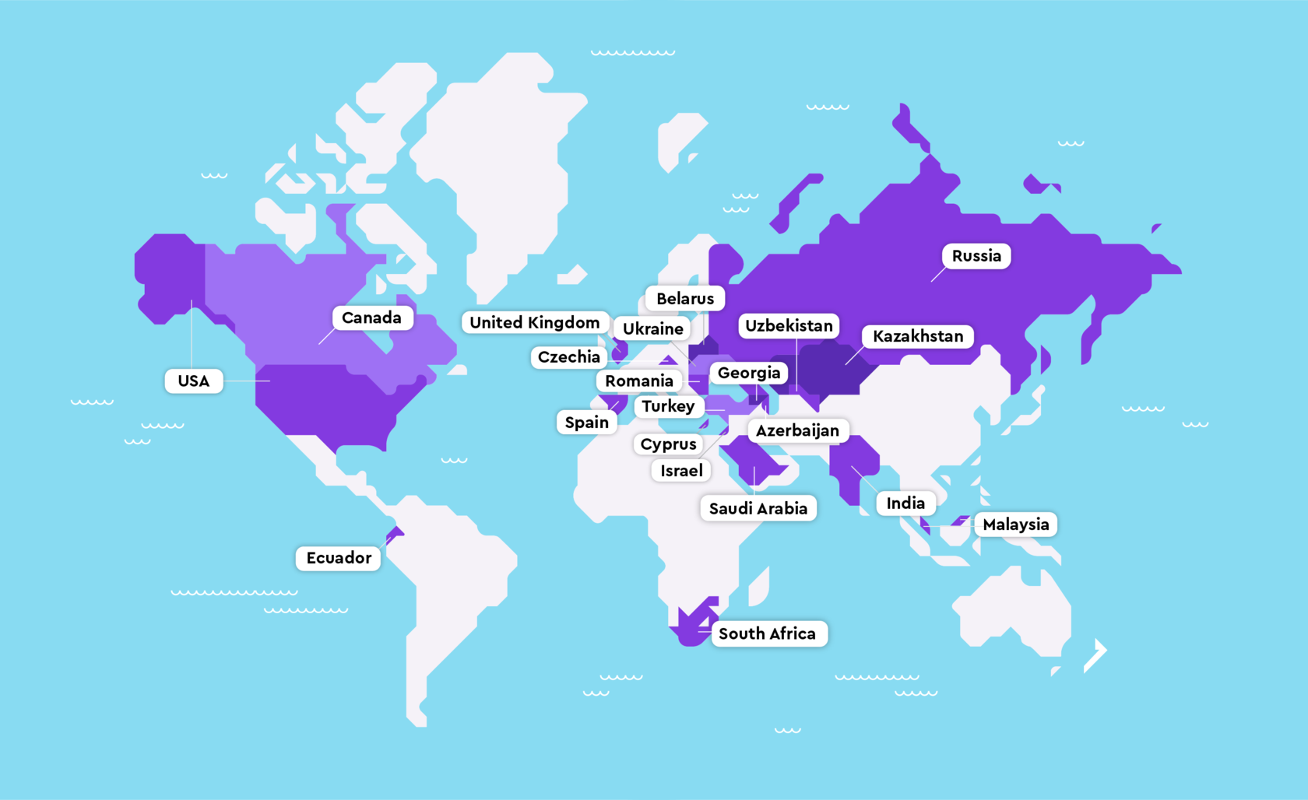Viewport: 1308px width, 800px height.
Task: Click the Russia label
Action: click(976, 256)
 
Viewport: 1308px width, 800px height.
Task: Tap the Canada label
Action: click(372, 318)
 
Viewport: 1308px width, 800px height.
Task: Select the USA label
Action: click(194, 381)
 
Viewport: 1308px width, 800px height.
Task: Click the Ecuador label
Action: click(339, 558)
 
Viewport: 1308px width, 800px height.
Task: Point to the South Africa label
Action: click(768, 633)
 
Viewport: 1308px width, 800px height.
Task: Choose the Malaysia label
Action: click(1015, 525)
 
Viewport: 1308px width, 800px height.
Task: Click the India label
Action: click(905, 504)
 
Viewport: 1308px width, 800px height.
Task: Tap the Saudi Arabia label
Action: click(758, 508)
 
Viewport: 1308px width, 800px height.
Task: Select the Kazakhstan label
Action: click(918, 336)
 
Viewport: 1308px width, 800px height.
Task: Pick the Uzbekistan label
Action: click(789, 325)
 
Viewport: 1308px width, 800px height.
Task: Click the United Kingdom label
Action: click(535, 322)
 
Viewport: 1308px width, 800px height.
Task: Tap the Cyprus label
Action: click(668, 444)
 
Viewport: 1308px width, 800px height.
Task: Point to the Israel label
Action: click(681, 471)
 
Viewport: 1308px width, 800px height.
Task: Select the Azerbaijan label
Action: click(797, 430)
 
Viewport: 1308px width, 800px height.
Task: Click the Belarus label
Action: click(685, 299)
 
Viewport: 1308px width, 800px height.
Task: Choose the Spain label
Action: click(587, 423)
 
